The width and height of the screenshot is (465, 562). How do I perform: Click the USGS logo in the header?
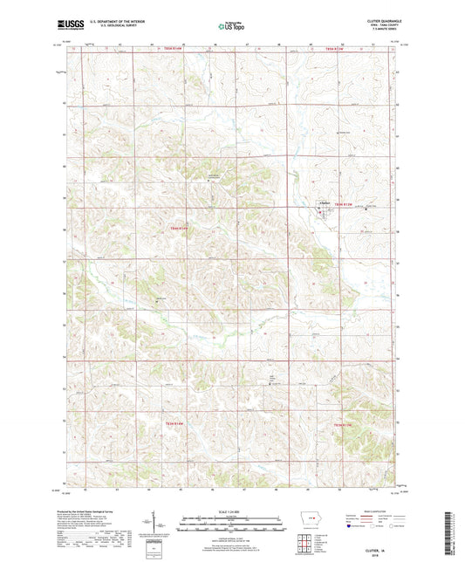tap(66, 26)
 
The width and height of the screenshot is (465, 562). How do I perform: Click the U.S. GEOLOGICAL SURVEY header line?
tap(113, 28)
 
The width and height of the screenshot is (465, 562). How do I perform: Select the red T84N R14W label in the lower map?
tap(181, 420)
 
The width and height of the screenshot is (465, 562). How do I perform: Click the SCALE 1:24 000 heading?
tap(232, 511)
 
